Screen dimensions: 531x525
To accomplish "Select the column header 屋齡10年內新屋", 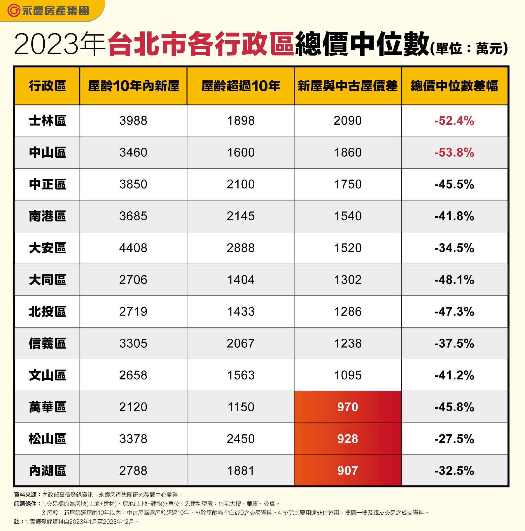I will click(x=134, y=86).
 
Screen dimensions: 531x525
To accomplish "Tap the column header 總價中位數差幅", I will click(x=454, y=86).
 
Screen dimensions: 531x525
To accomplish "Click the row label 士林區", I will click(x=47, y=121).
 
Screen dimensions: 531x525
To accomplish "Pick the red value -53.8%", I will click(x=454, y=153).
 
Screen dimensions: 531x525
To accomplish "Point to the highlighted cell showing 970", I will click(x=347, y=407).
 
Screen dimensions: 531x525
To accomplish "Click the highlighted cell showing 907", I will click(x=347, y=471).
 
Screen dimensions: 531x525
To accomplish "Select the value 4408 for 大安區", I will click(x=133, y=248).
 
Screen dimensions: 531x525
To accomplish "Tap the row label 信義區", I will click(x=47, y=344).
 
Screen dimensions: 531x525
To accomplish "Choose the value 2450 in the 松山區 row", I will click(x=241, y=439).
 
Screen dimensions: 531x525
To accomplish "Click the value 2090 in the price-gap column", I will click(x=347, y=121).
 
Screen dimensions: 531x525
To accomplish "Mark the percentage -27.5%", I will click(x=454, y=439).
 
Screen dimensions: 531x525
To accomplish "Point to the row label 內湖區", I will click(x=47, y=471).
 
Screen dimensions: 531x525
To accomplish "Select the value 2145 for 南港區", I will click(x=241, y=216).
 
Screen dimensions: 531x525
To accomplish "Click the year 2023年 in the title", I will click(x=60, y=44).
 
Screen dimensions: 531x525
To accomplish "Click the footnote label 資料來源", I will click(x=25, y=495).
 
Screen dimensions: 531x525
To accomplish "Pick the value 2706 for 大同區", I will click(x=133, y=280).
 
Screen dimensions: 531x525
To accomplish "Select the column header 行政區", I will click(x=47, y=86).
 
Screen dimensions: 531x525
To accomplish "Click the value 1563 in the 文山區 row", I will click(x=241, y=375).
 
